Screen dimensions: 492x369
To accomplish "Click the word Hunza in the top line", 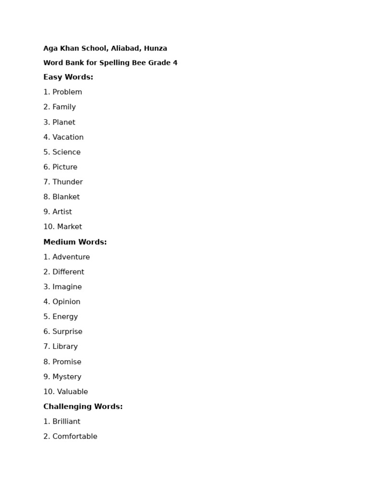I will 155,48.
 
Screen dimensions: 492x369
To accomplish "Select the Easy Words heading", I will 68,77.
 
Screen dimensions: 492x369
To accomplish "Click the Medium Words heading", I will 75,242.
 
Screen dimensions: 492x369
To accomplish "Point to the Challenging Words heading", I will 83,406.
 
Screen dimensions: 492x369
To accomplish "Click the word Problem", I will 67,92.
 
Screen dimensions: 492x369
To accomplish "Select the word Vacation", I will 68,137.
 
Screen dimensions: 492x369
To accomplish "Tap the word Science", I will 66,152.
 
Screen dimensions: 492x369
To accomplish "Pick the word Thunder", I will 67,182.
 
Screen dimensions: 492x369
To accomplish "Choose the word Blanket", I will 66,197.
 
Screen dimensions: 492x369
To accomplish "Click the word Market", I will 70,226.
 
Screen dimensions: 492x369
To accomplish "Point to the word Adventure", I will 71,257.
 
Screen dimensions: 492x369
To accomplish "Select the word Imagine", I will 67,287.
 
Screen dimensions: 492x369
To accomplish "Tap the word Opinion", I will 66,302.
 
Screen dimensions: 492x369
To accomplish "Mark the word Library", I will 65,346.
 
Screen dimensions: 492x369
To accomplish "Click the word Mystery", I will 67,377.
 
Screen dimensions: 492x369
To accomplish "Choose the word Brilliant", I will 66,421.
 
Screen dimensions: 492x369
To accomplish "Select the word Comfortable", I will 75,436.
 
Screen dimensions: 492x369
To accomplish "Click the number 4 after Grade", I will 175,62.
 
